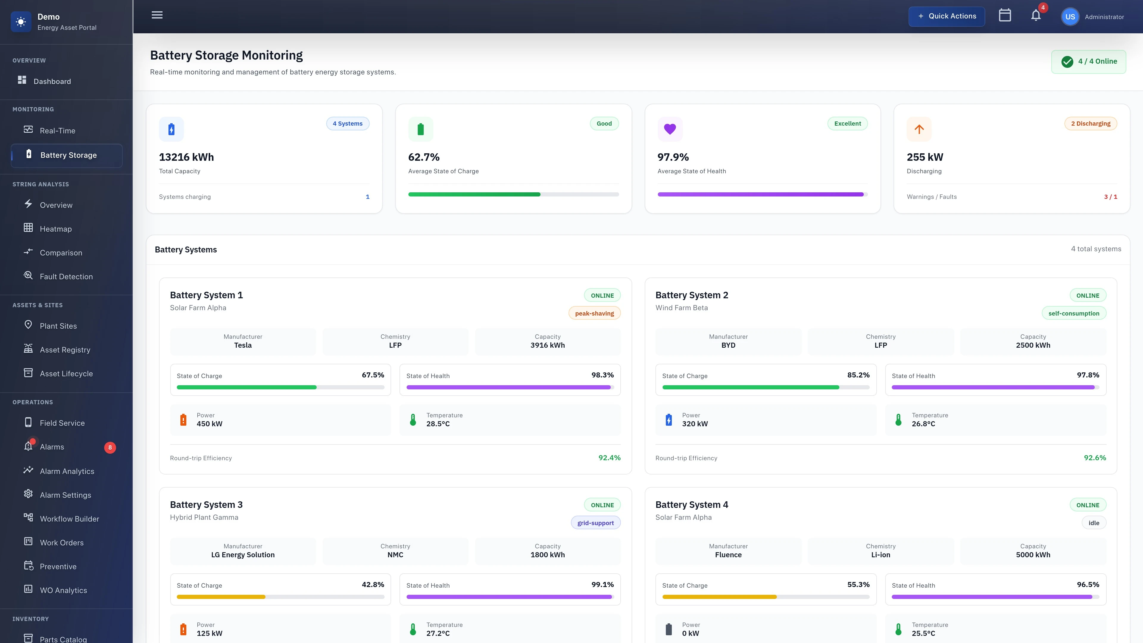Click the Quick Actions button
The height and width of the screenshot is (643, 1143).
[x=947, y=16]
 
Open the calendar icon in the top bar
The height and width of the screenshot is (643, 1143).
[x=1005, y=15]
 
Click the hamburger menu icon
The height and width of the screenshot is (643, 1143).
[x=157, y=15]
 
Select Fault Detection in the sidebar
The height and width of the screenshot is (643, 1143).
[x=66, y=277]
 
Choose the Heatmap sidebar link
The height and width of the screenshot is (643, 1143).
[x=55, y=229]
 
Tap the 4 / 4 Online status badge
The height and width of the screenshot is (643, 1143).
[x=1089, y=62]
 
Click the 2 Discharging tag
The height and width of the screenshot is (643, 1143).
[x=1090, y=124]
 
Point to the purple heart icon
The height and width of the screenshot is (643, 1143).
[x=669, y=129]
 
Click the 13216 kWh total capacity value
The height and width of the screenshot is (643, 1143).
[x=186, y=157]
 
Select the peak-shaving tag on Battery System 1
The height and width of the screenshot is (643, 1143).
[x=594, y=313]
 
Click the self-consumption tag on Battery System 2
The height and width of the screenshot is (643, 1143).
[x=1073, y=313]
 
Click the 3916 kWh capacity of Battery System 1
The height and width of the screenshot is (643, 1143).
[x=548, y=345]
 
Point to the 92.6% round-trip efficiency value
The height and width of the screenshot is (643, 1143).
[x=1095, y=458]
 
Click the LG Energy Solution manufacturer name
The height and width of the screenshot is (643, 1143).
[x=243, y=555]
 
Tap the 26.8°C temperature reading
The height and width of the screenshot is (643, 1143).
[x=923, y=424]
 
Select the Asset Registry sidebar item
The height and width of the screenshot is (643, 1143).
[x=65, y=350]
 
